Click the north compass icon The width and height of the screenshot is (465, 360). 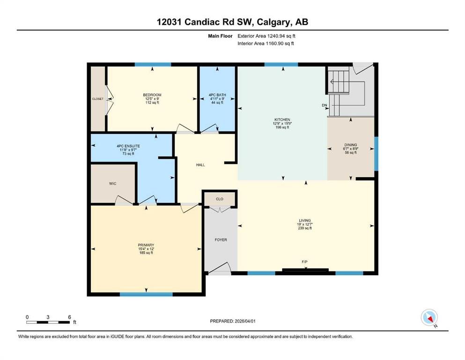click(x=429, y=317)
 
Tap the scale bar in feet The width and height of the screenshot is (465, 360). click(x=48, y=322)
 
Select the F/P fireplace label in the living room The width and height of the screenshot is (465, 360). click(x=304, y=262)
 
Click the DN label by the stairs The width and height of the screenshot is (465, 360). click(x=325, y=105)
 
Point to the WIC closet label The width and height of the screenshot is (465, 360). click(x=113, y=184)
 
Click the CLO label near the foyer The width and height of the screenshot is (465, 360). click(x=220, y=199)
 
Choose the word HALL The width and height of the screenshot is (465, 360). click(x=200, y=165)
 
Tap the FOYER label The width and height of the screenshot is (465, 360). click(x=221, y=240)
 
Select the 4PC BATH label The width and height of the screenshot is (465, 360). click(x=217, y=95)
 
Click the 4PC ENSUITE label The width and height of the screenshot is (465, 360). click(x=128, y=146)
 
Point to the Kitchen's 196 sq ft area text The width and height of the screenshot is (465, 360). click(x=282, y=127)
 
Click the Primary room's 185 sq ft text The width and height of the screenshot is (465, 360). click(x=146, y=253)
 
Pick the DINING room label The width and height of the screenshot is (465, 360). click(x=351, y=145)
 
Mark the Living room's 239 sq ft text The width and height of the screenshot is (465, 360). click(x=305, y=228)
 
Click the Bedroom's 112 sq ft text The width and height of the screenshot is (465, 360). click(x=152, y=103)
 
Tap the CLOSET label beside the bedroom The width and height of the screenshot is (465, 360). click(x=98, y=99)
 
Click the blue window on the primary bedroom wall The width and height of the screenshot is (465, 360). click(x=146, y=294)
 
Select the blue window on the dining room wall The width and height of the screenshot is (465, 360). click(x=376, y=153)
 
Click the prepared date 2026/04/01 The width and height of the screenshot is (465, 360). click(x=245, y=321)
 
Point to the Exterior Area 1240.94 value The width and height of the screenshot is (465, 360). click(x=278, y=36)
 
